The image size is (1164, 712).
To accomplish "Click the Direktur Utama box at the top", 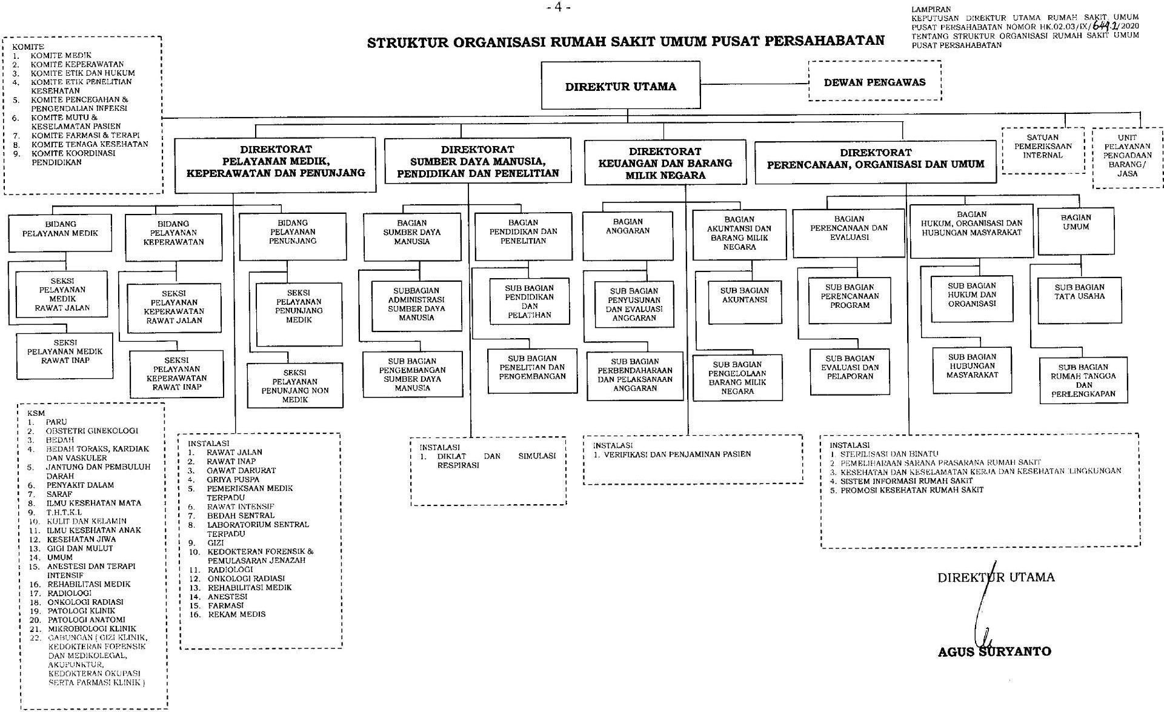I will click(x=620, y=86).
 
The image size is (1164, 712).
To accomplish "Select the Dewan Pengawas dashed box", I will click(x=874, y=82).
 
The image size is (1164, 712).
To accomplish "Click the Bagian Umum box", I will click(x=1076, y=230).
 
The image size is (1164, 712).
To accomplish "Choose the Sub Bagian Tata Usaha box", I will click(x=1079, y=299).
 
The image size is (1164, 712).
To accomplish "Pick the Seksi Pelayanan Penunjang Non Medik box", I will click(x=294, y=385).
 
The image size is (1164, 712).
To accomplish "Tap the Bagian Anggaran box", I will click(x=627, y=235).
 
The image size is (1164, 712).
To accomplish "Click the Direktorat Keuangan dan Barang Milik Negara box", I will click(x=665, y=163).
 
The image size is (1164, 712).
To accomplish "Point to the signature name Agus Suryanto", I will click(x=994, y=651).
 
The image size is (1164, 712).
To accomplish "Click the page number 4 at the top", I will click(x=558, y=8).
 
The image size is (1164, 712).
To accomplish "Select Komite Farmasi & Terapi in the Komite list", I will click(x=85, y=135).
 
